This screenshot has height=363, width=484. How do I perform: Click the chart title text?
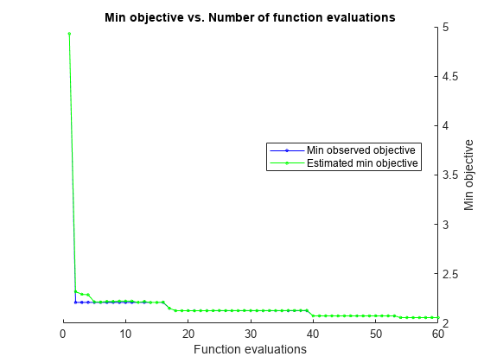[250, 17]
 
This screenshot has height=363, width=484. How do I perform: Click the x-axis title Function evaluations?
[250, 349]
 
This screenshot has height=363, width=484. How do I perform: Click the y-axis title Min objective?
[469, 175]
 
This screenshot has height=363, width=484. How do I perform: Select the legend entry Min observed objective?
[361, 150]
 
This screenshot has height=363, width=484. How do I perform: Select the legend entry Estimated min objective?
[361, 162]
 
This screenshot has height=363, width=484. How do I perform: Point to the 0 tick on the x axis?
[63, 333]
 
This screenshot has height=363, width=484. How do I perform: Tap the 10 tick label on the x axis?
[125, 333]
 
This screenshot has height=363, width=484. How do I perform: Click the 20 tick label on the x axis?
[188, 333]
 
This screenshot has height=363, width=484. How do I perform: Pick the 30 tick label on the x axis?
[251, 333]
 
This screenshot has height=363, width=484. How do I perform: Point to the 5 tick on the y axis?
[446, 27]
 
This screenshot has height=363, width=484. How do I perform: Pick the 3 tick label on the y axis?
[446, 225]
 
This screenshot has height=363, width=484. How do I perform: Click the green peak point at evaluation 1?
[69, 34]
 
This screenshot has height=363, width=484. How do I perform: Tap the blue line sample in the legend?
[286, 150]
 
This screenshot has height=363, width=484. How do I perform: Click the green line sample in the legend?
[286, 162]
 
